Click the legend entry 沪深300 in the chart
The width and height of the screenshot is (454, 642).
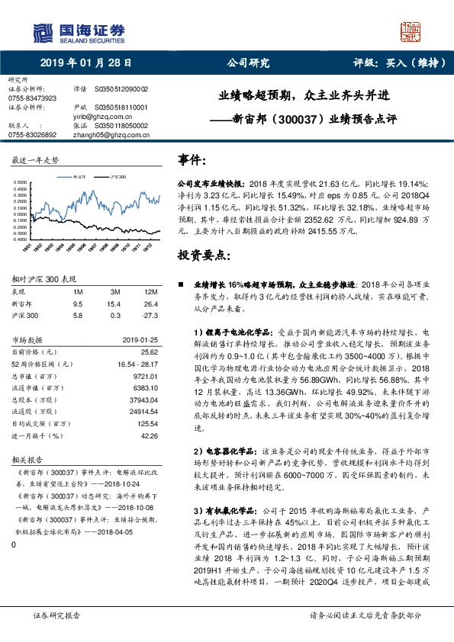(118, 175)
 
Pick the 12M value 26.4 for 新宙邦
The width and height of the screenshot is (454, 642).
(150, 303)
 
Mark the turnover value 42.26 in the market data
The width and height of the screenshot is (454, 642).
(149, 437)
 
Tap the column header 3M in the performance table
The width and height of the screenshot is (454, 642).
(114, 292)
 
